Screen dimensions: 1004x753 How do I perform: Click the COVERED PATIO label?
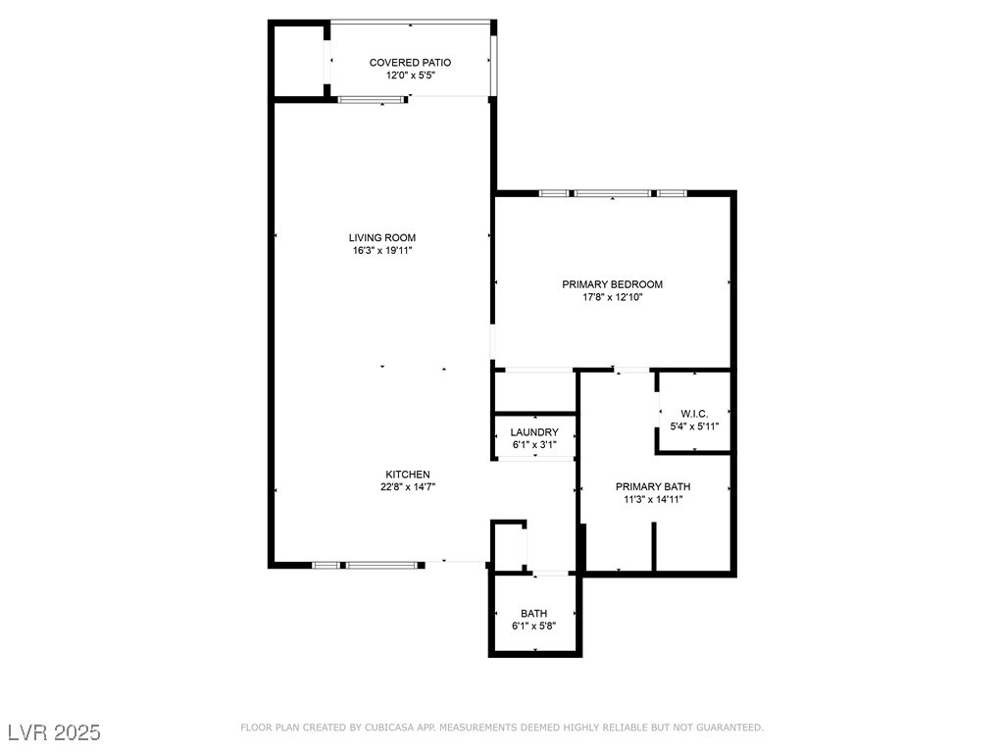point(410,62)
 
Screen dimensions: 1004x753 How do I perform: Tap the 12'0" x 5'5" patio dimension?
point(411,75)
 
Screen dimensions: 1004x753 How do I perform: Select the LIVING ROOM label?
point(382,237)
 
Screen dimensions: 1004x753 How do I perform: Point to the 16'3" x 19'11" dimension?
point(382,250)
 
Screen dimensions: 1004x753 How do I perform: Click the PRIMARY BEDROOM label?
point(612,284)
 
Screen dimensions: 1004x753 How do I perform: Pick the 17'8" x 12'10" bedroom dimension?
point(612,297)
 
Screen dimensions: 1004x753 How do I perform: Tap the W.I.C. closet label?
point(694,414)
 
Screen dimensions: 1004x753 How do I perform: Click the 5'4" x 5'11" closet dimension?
point(694,427)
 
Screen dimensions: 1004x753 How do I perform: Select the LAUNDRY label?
point(534,432)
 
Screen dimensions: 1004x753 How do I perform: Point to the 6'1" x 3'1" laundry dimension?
point(534,444)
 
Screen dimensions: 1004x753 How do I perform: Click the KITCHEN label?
point(408,475)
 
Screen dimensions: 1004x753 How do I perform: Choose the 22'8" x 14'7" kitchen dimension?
point(408,486)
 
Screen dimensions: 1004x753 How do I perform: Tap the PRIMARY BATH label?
point(653,486)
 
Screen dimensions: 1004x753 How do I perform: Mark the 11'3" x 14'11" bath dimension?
point(653,499)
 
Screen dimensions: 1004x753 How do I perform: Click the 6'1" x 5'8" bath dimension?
point(533,626)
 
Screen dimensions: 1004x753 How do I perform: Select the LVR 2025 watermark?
point(55,732)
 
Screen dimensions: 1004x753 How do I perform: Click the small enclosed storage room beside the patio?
point(298,61)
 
